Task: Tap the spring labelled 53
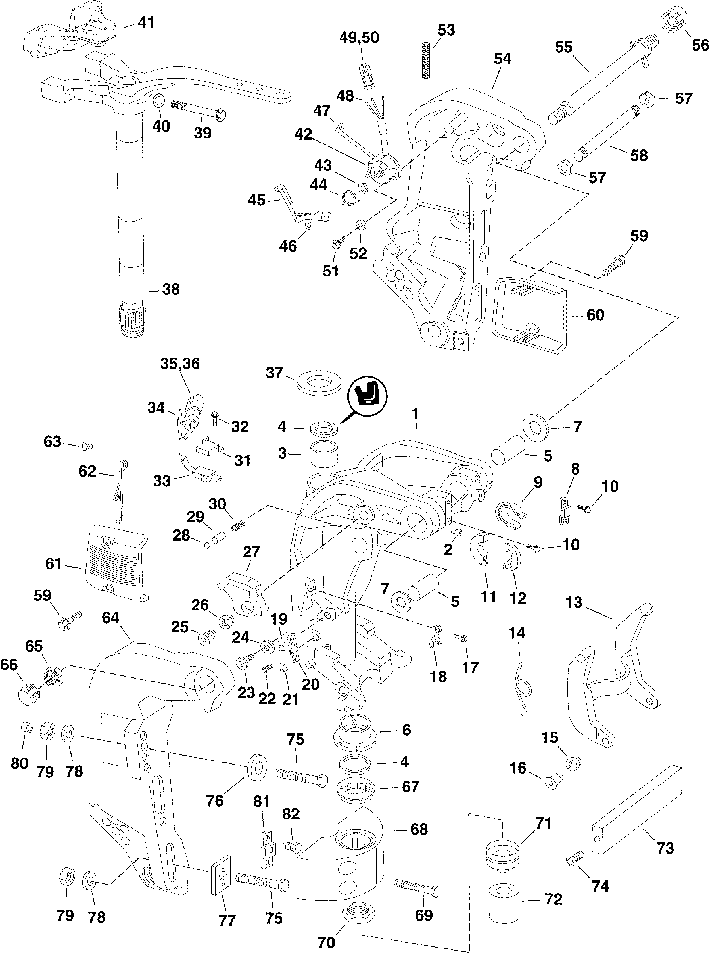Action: click(426, 60)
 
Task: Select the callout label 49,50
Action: click(359, 38)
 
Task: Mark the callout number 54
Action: click(502, 59)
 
